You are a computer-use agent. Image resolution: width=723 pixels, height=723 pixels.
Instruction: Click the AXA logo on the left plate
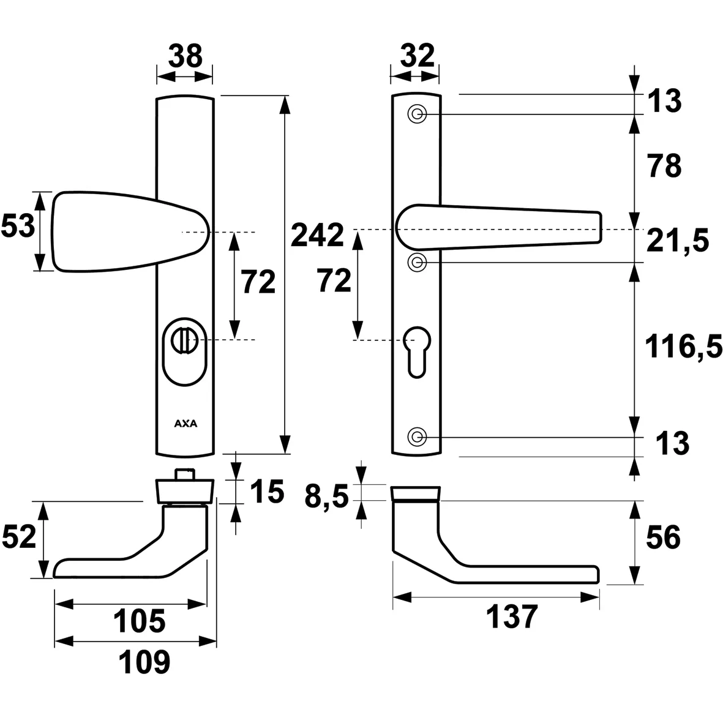pyautogui.click(x=185, y=423)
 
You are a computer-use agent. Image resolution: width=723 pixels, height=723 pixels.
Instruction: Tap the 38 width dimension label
pyautogui.click(x=185, y=57)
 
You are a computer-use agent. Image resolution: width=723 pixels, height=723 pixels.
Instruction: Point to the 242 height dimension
pyautogui.click(x=317, y=235)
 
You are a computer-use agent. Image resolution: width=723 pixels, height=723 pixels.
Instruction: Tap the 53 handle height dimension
pyautogui.click(x=17, y=227)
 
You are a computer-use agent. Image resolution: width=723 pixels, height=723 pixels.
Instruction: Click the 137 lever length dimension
pyautogui.click(x=511, y=617)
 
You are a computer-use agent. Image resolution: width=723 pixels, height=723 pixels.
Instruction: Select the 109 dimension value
pyautogui.click(x=143, y=662)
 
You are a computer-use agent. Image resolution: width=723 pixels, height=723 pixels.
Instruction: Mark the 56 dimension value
pyautogui.click(x=662, y=538)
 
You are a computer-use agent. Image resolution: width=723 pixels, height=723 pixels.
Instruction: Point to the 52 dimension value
pyautogui.click(x=19, y=538)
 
